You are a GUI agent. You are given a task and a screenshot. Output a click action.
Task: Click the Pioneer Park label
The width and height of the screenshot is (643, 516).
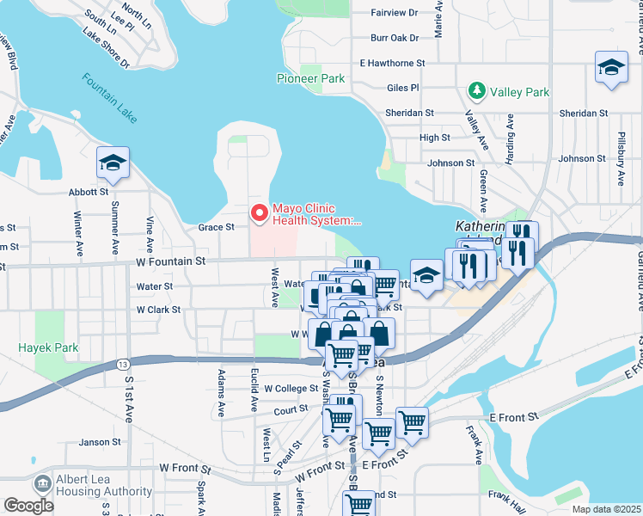tap(310, 78)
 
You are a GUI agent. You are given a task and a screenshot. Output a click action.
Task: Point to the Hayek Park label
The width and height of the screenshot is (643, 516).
tap(48, 348)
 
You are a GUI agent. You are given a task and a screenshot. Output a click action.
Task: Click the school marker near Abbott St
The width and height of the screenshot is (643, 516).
tap(113, 163)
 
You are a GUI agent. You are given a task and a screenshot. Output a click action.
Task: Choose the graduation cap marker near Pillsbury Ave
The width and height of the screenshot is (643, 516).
tap(610, 69)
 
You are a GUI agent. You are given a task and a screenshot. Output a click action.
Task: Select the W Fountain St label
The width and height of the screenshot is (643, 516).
tap(170, 261)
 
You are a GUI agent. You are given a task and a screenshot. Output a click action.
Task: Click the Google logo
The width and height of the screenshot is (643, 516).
tap(29, 506)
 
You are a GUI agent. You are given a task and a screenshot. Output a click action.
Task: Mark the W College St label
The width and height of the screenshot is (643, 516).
tap(291, 389)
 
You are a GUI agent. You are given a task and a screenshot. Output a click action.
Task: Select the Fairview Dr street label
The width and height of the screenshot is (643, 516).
tap(394, 13)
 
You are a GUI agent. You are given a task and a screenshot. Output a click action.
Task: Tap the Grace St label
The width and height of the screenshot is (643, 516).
tap(216, 228)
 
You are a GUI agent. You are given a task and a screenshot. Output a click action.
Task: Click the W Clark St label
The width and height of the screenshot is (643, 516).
tap(158, 310)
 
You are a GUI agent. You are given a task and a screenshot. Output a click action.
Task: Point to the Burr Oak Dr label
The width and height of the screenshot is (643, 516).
tap(395, 38)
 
